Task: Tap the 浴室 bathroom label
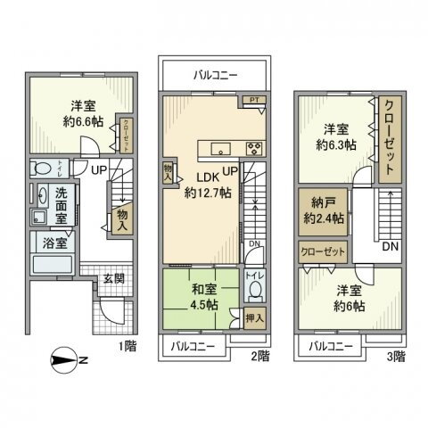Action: (50, 242)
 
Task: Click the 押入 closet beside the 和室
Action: (253, 317)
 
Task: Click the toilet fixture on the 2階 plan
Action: (254, 291)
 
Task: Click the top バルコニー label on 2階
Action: (215, 76)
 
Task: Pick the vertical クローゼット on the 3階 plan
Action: (391, 138)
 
